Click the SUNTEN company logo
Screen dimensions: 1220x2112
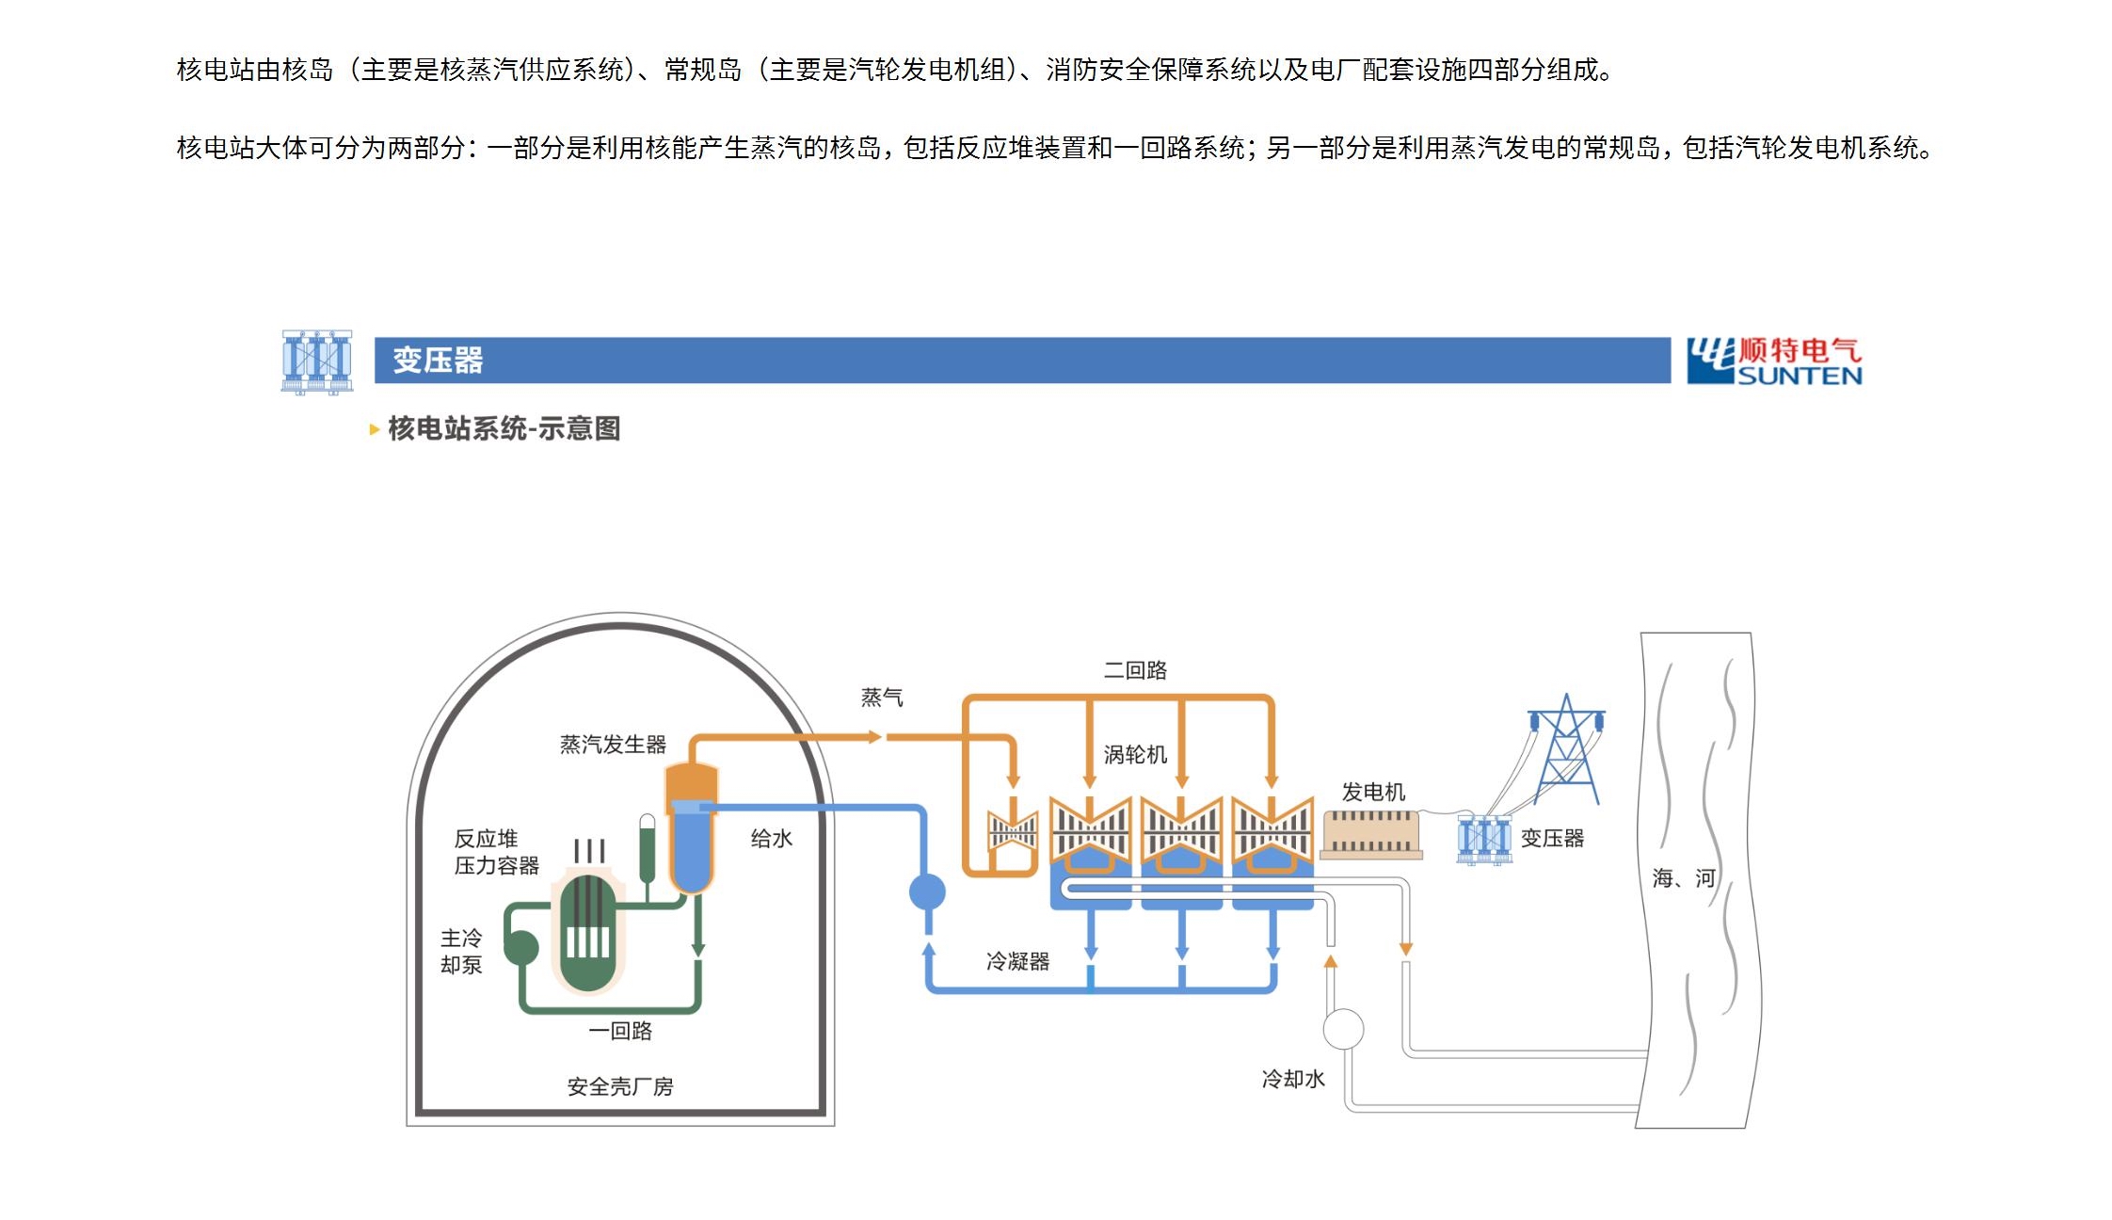click(x=1774, y=361)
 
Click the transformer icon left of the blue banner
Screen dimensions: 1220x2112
click(x=317, y=361)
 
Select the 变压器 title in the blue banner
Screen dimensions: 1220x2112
click(x=438, y=361)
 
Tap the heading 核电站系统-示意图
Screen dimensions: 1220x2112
click(x=504, y=429)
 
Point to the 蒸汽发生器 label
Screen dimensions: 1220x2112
click(x=613, y=745)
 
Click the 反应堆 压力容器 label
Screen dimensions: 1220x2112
click(x=496, y=852)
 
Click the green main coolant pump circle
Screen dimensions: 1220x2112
click(x=521, y=947)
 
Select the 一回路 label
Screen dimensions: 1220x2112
click(x=620, y=1031)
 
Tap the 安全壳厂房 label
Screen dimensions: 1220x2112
click(x=620, y=1086)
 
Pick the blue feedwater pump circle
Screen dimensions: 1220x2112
click(x=927, y=891)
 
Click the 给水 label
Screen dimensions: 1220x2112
click(x=771, y=839)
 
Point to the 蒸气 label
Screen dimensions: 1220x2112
click(x=882, y=698)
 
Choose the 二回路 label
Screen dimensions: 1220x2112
click(x=1135, y=670)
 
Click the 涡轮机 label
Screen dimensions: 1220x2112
click(x=1135, y=755)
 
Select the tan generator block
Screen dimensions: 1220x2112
click(x=1370, y=834)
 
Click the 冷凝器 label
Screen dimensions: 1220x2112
click(x=1017, y=961)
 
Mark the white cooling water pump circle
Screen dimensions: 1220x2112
click(x=1343, y=1029)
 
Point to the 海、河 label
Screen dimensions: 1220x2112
click(x=1684, y=878)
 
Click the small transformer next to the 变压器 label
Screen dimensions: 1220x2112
click(x=1482, y=839)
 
